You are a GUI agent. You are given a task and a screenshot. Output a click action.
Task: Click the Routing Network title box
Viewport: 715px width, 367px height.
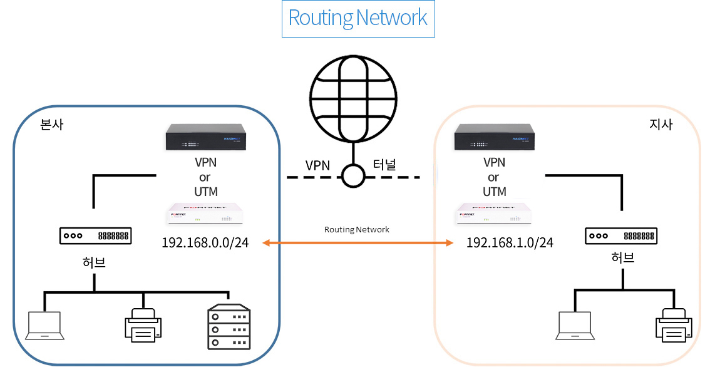pos(358,18)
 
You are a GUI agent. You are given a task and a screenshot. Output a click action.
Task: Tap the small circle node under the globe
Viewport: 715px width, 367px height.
pos(352,176)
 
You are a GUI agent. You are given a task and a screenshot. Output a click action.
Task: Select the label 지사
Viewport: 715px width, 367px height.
pos(661,125)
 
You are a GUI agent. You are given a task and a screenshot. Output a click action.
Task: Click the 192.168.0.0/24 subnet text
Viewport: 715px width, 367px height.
pos(205,243)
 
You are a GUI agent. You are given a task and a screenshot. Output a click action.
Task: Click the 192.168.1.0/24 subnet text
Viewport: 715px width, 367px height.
pos(510,243)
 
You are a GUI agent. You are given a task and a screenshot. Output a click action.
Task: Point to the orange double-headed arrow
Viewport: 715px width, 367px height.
pos(357,242)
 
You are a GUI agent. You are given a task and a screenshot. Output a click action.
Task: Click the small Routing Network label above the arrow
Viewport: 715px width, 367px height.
pos(357,230)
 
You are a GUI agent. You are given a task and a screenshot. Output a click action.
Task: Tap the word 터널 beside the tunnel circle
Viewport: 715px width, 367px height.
pos(384,166)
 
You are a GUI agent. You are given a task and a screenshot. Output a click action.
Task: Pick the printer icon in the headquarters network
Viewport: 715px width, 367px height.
pos(143,325)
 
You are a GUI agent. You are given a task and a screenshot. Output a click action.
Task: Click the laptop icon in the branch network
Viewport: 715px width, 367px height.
pos(575,326)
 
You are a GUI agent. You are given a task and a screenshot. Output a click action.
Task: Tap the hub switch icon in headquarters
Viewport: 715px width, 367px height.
pos(95,236)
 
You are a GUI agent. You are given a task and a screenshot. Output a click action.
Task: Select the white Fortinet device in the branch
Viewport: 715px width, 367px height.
pos(492,214)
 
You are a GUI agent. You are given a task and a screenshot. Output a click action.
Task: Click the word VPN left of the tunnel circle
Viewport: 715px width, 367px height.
pos(317,166)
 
